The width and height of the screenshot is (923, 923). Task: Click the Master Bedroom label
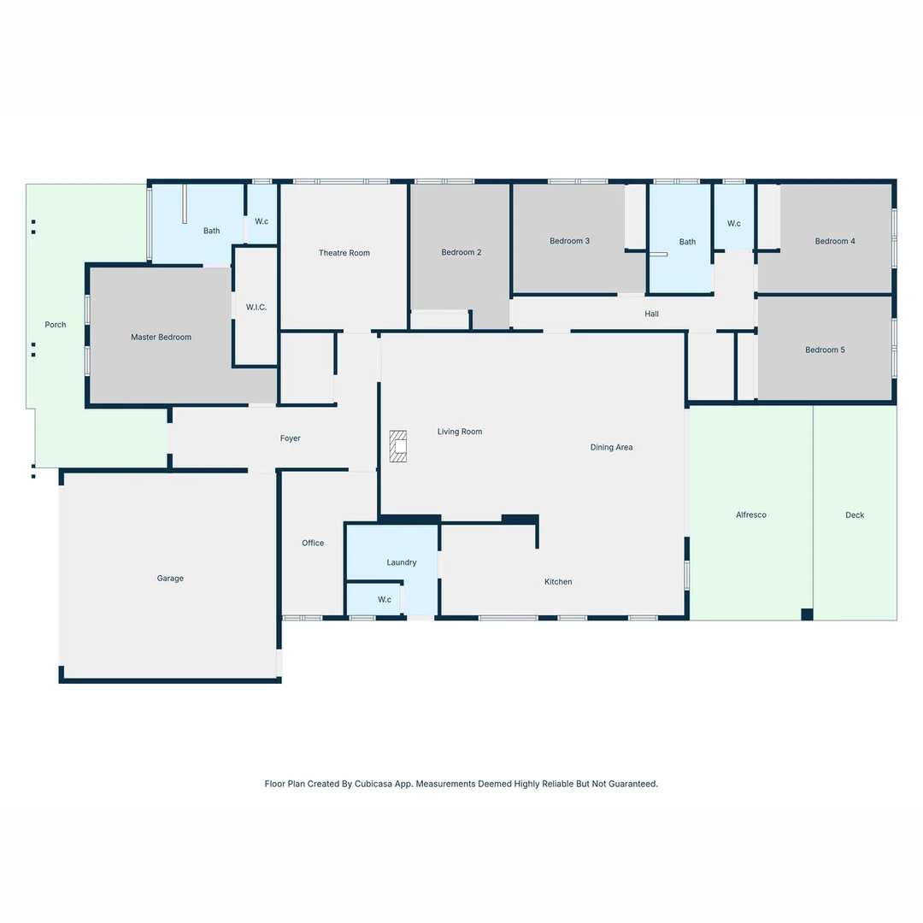[x=161, y=338]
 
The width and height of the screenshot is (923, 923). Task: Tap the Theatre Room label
[x=344, y=253]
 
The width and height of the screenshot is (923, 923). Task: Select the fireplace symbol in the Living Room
[x=398, y=446]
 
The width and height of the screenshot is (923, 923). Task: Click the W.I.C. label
[x=256, y=307]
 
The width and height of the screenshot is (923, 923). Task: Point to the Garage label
[x=170, y=579]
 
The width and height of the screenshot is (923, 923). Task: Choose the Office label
[x=313, y=544]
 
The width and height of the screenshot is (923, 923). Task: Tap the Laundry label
[x=402, y=562]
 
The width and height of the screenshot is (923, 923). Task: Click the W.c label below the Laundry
[x=385, y=600]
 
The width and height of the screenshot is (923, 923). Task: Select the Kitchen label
[x=558, y=582]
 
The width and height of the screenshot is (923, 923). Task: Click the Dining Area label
[x=611, y=448]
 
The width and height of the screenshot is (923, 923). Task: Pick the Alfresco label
[x=751, y=515]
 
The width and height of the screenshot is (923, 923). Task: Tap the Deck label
[x=855, y=515]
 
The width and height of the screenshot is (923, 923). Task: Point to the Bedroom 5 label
[x=825, y=350]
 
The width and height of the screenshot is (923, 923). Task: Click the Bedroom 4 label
[x=835, y=241]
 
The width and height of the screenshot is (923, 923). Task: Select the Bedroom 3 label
[x=569, y=241]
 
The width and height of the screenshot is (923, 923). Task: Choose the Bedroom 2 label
[x=461, y=252]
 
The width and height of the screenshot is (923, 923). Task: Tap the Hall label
[x=651, y=315]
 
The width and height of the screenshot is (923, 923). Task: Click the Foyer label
[x=291, y=438]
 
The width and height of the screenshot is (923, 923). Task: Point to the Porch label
[x=56, y=325]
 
